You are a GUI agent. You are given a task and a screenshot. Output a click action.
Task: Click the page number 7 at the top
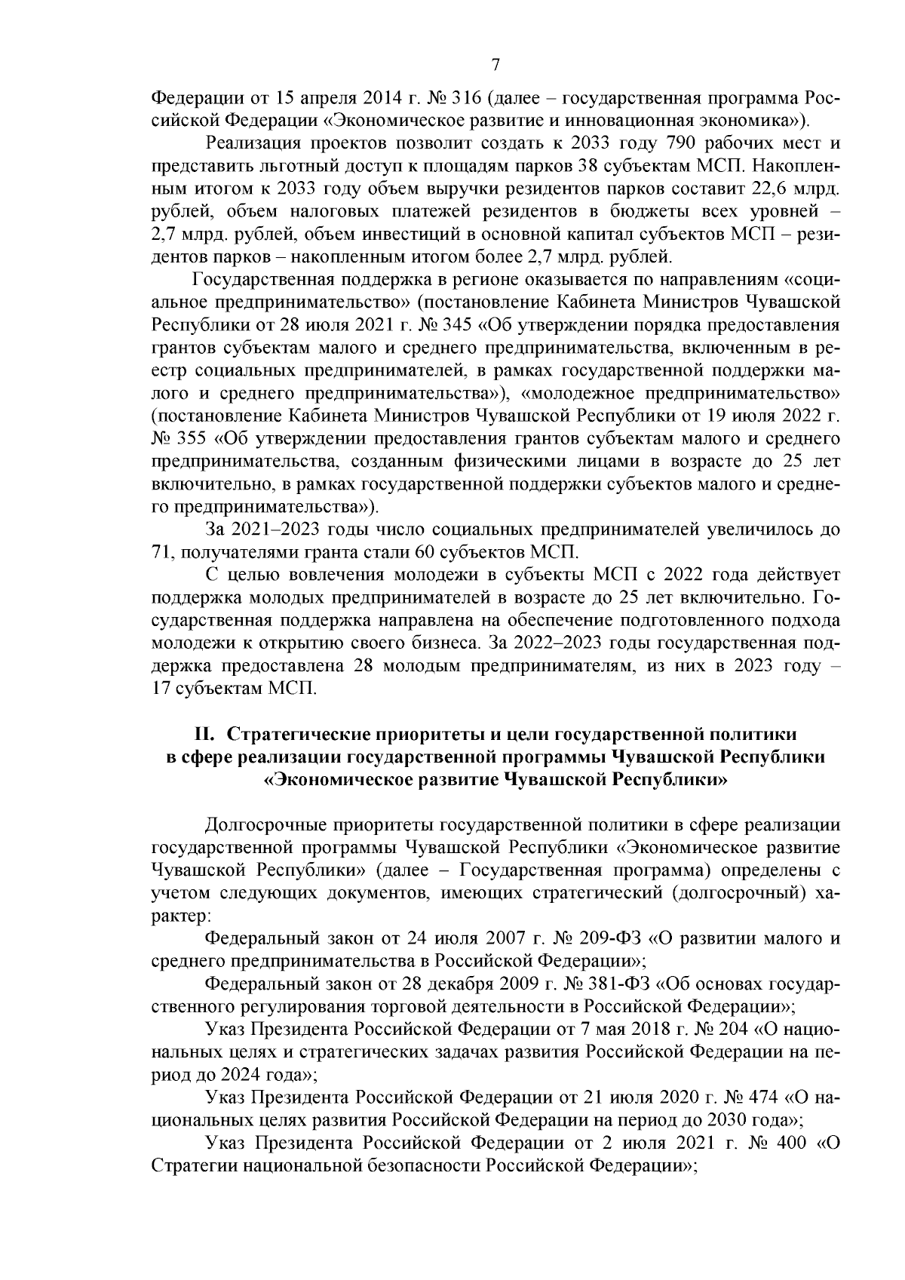click(x=495, y=65)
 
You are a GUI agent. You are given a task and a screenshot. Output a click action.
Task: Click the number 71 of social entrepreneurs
click(x=163, y=551)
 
